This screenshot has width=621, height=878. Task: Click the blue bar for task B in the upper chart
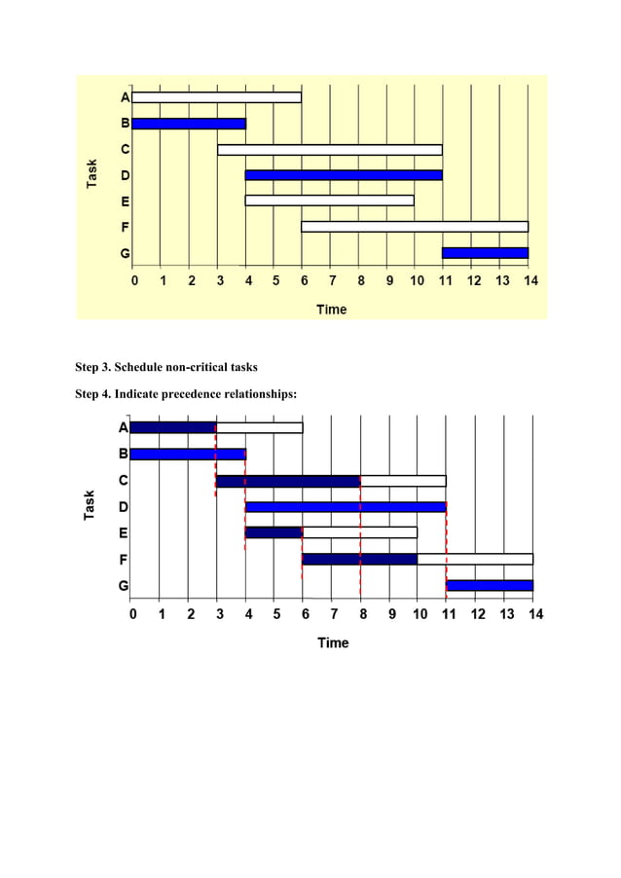click(189, 124)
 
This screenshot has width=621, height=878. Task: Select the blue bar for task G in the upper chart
click(485, 253)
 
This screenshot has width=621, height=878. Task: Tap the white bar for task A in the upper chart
click(216, 97)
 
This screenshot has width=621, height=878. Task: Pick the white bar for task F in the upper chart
click(415, 227)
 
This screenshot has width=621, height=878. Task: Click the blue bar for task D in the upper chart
click(344, 175)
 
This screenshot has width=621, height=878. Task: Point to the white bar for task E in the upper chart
click(329, 201)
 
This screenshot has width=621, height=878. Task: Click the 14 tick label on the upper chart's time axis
click(530, 280)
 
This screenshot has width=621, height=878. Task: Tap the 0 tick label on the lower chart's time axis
click(132, 614)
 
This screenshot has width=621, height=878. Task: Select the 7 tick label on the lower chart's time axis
click(334, 614)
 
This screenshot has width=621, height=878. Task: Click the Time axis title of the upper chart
click(331, 310)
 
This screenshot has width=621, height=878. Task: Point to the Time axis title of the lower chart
click(333, 642)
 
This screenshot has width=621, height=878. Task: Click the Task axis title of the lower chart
click(90, 504)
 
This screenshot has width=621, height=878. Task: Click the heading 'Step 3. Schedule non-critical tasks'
click(166, 368)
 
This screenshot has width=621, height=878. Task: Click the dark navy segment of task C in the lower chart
click(288, 481)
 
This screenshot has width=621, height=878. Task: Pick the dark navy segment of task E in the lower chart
click(274, 532)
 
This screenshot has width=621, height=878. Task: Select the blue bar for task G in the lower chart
click(490, 585)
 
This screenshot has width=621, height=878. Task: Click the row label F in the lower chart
click(124, 560)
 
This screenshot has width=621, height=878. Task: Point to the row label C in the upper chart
click(125, 150)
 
